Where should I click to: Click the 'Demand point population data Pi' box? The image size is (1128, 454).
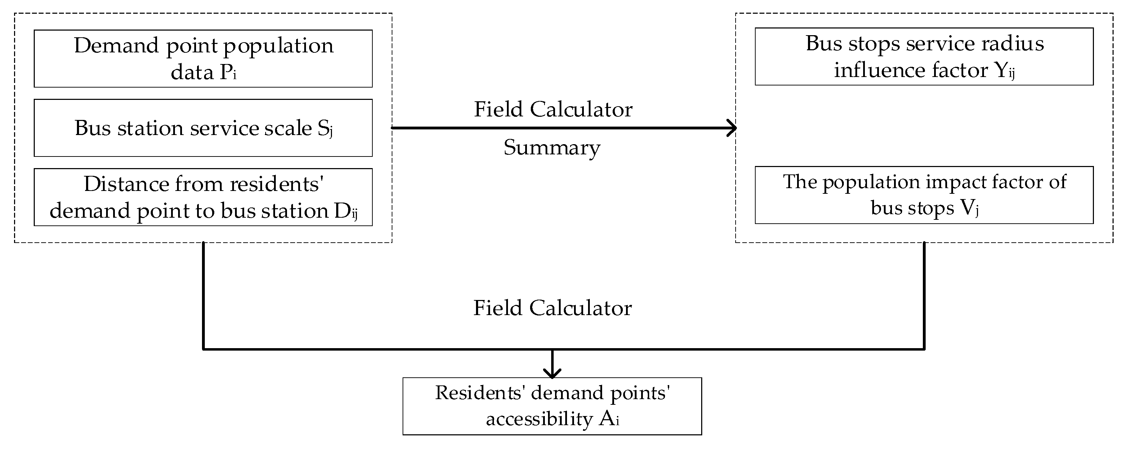203,58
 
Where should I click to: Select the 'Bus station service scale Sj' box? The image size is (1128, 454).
203,128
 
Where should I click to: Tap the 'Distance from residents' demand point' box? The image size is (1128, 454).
203,197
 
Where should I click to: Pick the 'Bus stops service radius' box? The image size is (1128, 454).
924,57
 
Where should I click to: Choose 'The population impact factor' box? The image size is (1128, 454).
924,195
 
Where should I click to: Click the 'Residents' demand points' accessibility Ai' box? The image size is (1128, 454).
552,406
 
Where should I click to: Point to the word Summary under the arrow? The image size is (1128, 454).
552,148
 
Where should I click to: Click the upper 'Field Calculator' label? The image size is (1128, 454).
553,110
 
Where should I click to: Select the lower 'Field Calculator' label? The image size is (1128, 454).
552,308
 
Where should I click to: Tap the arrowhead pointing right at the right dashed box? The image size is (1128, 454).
732,128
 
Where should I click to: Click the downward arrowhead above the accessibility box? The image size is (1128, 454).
552,372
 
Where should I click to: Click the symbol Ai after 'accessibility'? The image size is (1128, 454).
609,420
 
